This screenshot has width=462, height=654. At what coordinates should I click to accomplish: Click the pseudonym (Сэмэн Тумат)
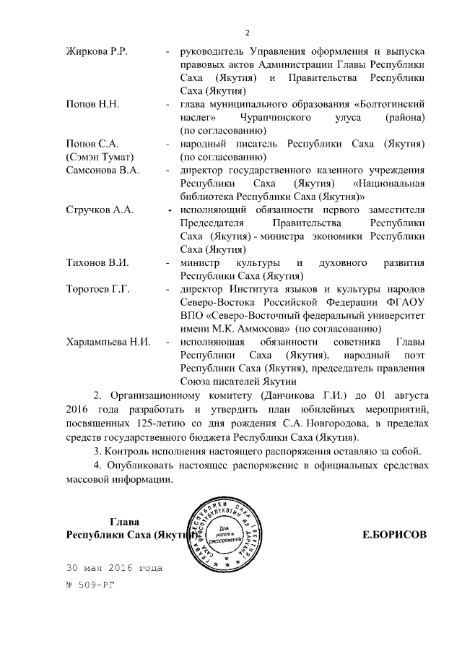coord(100,157)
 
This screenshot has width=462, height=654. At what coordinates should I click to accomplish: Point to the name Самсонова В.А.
coord(102,170)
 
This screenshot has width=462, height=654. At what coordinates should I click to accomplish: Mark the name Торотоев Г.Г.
coord(97,289)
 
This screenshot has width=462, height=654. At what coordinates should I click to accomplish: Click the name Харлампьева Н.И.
coord(108,342)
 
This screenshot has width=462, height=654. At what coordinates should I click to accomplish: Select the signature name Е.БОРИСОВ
coord(393,535)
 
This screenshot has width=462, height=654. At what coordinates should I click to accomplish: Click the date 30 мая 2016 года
coord(113,567)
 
